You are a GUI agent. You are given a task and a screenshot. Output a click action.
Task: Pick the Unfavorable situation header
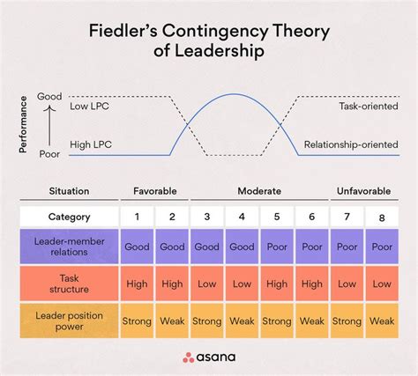364,189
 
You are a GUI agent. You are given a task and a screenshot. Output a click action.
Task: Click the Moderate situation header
259,189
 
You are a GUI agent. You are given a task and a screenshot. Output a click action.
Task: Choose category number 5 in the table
276,217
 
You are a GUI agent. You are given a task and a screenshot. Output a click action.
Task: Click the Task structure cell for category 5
276,284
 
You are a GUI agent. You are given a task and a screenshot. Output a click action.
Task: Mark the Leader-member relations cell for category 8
382,247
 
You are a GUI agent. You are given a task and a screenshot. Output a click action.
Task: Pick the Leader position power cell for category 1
138,321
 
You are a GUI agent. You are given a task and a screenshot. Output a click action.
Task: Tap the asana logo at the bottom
209,358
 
